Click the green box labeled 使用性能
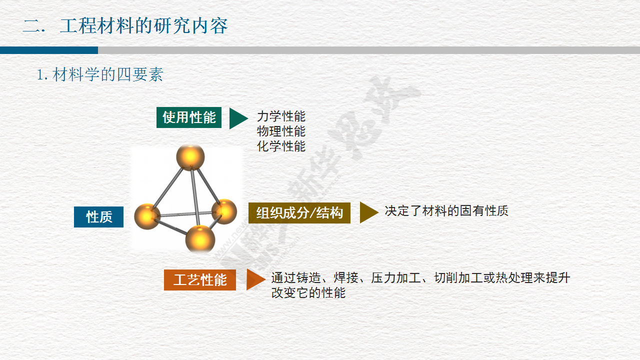(x=189, y=117)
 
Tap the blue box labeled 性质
(x=98, y=217)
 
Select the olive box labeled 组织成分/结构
(x=299, y=213)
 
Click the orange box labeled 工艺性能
(x=200, y=279)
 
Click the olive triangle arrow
(x=369, y=212)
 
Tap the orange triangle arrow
(x=255, y=279)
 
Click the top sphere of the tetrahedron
(x=190, y=157)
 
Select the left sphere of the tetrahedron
(x=147, y=216)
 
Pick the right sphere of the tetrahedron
(x=224, y=211)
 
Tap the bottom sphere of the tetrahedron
(x=200, y=239)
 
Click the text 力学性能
(x=281, y=116)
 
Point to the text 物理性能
(x=281, y=131)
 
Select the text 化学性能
(x=281, y=146)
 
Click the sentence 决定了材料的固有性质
(x=446, y=211)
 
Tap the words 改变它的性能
(x=308, y=293)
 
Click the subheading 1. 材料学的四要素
(x=100, y=74)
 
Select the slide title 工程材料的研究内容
(x=143, y=25)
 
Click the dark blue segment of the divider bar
(x=49, y=50)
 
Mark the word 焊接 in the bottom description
(x=346, y=277)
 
